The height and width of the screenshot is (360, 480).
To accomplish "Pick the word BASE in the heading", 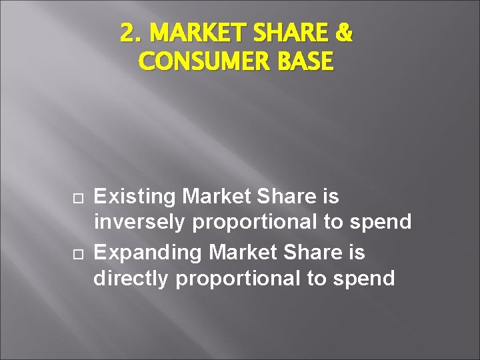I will coord(304,61).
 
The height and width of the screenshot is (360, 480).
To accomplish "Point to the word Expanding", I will coord(148,253).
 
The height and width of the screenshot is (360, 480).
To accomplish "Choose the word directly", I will coord(132,278).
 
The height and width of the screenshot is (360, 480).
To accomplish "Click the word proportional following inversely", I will coord(255,222).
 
